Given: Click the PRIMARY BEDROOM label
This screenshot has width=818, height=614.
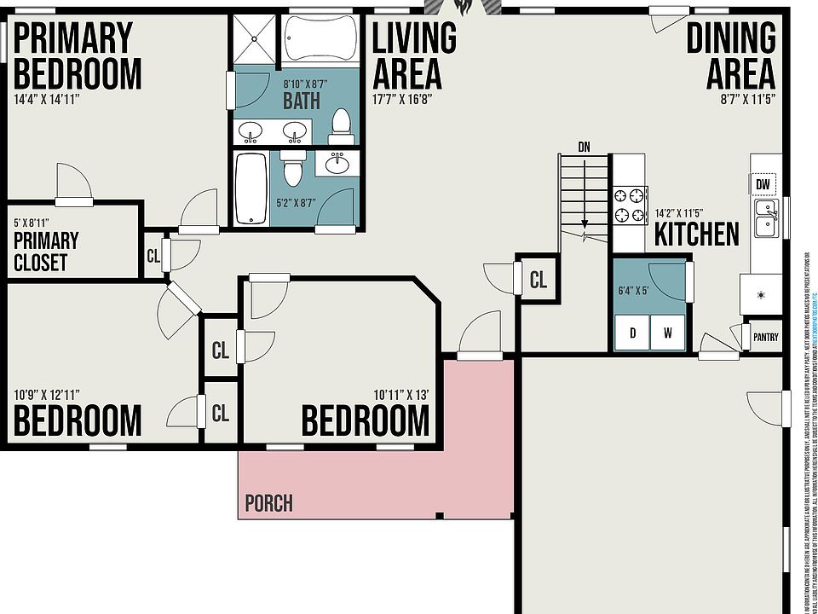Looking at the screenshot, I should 77,55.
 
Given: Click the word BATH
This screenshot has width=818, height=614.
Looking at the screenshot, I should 302,101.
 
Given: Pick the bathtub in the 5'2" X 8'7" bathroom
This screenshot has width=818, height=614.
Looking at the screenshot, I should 250,188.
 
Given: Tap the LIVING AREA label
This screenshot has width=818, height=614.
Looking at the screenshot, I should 414,55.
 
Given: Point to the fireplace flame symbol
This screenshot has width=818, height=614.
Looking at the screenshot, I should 464,8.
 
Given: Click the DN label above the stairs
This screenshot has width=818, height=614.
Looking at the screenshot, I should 584,147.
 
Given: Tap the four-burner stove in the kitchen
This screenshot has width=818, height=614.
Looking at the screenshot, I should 629,206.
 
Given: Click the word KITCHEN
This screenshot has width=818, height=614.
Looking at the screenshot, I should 696,235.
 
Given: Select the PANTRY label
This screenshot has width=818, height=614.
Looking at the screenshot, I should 765,337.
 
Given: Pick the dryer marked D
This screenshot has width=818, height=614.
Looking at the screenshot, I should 632,333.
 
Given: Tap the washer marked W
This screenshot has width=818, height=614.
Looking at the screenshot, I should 668,333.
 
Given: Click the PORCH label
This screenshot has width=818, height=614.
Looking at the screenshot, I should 268,503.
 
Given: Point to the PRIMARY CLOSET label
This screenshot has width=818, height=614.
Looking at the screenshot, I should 46,252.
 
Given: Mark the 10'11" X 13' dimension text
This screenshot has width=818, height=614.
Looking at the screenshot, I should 400,395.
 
